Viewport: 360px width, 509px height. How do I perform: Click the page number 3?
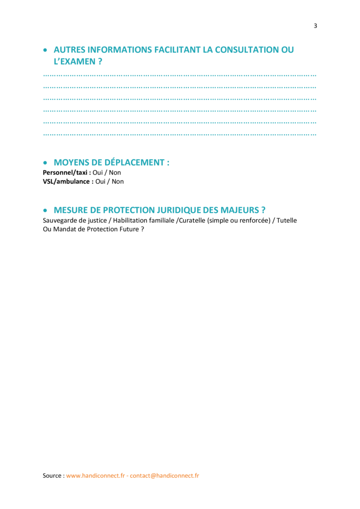click(x=315, y=26)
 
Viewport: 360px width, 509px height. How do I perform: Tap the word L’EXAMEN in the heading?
click(x=75, y=61)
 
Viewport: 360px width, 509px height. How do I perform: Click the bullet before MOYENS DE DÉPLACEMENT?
click(x=45, y=163)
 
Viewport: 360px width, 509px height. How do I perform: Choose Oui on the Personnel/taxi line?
click(x=97, y=172)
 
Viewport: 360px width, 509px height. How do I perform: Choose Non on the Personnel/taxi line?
click(x=115, y=172)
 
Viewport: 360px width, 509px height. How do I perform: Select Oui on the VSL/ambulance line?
click(x=100, y=181)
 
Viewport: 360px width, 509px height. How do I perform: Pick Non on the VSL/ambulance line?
click(x=118, y=181)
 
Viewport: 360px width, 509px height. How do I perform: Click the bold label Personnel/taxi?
click(x=65, y=172)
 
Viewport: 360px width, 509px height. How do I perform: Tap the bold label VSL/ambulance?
click(x=66, y=181)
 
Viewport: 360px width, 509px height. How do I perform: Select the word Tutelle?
click(x=286, y=220)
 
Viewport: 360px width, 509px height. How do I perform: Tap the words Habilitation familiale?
click(x=143, y=220)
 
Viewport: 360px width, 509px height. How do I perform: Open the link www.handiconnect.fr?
click(x=96, y=476)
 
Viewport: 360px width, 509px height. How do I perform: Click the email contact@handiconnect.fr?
click(x=165, y=476)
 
